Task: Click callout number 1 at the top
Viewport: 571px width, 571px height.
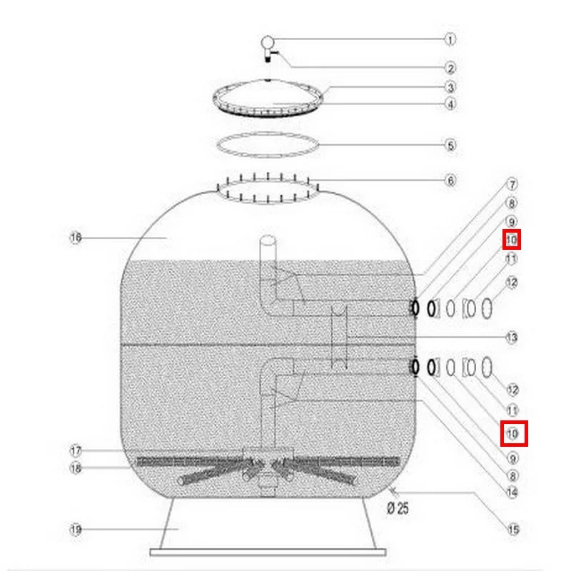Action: pos(450,39)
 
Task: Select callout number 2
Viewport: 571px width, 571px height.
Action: pos(450,68)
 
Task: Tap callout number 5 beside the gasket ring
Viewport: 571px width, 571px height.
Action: pos(451,146)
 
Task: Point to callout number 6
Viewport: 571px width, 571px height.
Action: pos(451,181)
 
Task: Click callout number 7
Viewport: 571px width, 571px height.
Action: pos(512,184)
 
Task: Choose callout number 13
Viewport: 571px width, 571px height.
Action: pos(512,338)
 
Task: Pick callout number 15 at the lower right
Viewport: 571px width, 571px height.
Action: pos(513,529)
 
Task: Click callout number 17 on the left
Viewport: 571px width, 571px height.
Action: pos(76,451)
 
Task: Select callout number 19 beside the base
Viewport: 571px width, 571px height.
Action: pos(76,529)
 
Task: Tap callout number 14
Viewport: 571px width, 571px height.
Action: pos(512,492)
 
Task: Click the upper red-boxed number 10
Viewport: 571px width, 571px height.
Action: pos(512,240)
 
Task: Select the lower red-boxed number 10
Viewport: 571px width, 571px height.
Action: pos(512,433)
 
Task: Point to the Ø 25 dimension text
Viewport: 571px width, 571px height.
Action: pos(398,507)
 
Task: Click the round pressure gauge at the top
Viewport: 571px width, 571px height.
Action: pos(267,42)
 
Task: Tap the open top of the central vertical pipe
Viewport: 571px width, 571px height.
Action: pos(268,241)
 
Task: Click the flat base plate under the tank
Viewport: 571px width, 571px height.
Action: pos(268,552)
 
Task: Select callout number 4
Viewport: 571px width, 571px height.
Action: pos(451,104)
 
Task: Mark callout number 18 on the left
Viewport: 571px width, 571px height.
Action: pos(76,468)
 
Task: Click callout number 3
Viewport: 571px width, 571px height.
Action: pos(451,87)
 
